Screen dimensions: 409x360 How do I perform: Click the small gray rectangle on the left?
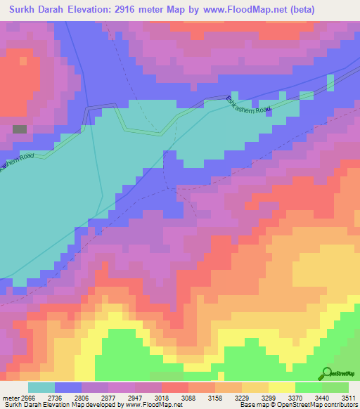[20, 129]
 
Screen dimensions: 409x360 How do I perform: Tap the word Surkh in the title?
[26, 10]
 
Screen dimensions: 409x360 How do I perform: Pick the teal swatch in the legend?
[41, 387]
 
